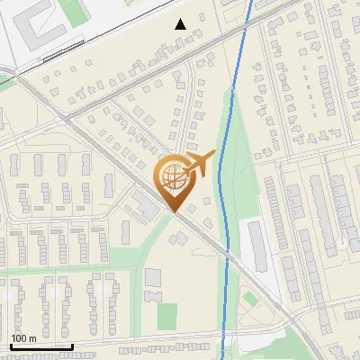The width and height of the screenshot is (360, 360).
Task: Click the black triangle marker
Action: pos(181,24)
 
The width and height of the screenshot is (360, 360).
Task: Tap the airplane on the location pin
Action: pos(199,164)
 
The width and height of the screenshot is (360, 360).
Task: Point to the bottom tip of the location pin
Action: pos(172,212)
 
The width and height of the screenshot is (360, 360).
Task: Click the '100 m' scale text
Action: pos(23,338)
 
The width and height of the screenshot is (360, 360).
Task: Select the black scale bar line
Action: pos(40,346)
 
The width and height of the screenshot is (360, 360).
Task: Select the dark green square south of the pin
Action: pos(167,316)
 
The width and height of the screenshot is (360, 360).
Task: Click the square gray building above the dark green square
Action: pos(154,296)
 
